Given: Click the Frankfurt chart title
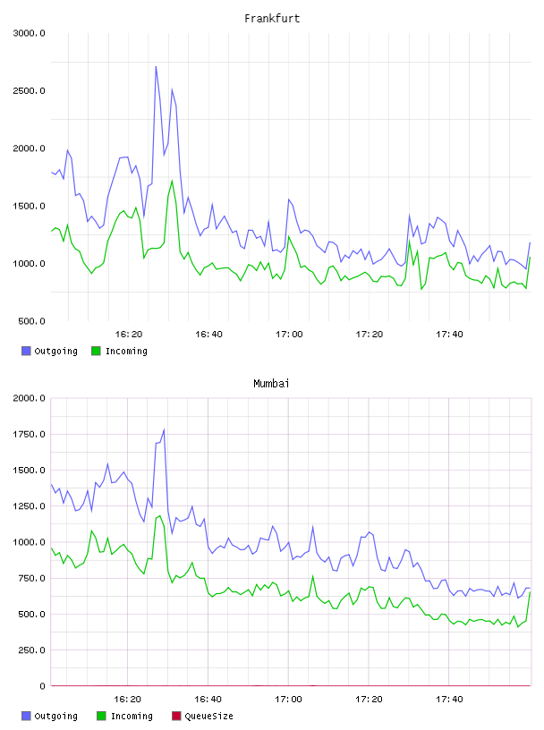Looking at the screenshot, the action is tap(272, 19).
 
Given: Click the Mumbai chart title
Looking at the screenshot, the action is tap(271, 384).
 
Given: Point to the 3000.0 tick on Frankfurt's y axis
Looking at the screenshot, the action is tap(30, 33).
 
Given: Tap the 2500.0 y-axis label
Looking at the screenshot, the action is tap(30, 90).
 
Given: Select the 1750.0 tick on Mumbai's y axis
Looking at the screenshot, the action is tap(30, 435).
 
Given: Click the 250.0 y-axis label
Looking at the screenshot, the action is tap(31, 650).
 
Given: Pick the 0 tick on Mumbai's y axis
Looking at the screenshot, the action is tap(42, 686).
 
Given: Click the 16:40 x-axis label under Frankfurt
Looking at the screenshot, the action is tap(208, 335).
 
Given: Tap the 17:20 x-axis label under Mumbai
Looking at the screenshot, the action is tap(369, 700).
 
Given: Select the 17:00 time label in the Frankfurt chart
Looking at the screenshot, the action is tap(289, 335).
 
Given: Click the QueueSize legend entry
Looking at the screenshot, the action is tap(202, 716).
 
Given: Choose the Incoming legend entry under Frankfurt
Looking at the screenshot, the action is tap(120, 351).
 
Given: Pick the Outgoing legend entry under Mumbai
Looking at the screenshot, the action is tap(50, 716).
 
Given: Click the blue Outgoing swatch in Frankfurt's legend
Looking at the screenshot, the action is tap(26, 351).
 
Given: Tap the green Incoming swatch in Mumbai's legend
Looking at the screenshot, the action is tap(101, 716).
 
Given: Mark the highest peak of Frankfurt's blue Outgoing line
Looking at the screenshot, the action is tap(156, 66).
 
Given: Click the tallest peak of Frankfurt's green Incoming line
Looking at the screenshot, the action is tap(173, 181).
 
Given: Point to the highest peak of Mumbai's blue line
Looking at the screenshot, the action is tap(164, 429).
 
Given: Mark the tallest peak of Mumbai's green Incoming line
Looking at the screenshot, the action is tap(160, 516).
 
